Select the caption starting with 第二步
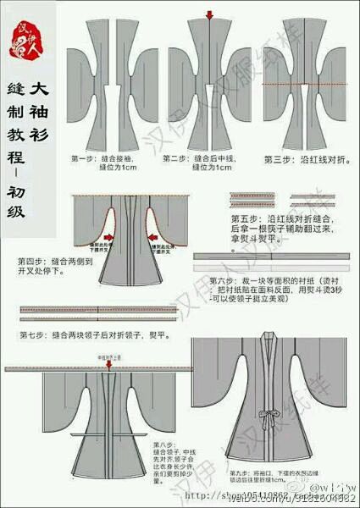[198, 163]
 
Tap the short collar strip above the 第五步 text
[269, 198]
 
